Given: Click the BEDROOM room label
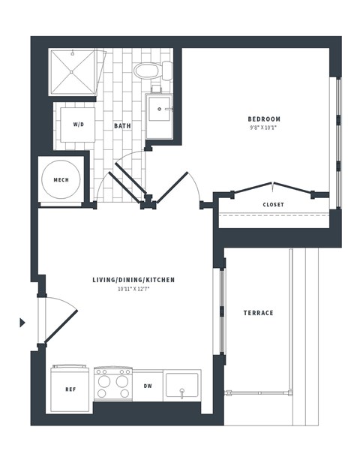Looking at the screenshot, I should [x=264, y=119].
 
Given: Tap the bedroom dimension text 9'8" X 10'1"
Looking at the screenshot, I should [x=264, y=128].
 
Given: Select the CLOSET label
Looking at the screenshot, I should [x=273, y=204].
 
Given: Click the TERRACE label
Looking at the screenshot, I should [x=257, y=313].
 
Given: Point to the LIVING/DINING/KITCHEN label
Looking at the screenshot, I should [x=133, y=280].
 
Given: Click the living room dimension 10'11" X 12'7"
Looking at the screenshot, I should [x=133, y=289].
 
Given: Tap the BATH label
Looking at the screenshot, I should [x=122, y=125].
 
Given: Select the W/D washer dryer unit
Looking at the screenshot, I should [x=77, y=125].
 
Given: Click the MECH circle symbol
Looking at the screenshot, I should [x=61, y=181].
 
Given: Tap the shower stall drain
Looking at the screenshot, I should [x=73, y=72].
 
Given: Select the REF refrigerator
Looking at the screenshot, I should [x=70, y=389].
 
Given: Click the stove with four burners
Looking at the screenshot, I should [x=112, y=384].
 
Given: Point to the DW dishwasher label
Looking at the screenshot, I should [x=148, y=386].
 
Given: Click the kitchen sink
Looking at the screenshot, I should [x=181, y=387].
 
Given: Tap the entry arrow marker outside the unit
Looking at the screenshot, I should [x=22, y=323].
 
